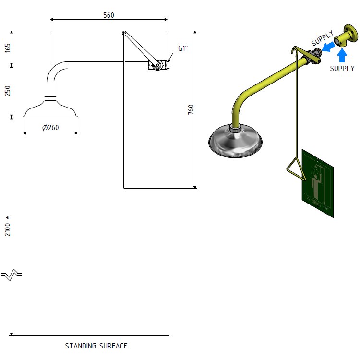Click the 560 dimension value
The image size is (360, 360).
[x=109, y=15]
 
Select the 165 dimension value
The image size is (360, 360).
[x=7, y=48]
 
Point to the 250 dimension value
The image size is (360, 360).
[x=7, y=91]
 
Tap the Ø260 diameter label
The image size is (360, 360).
[x=50, y=128]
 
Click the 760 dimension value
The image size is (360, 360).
[x=191, y=110]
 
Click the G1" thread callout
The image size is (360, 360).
[x=182, y=48]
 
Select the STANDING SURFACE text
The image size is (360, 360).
[x=96, y=346]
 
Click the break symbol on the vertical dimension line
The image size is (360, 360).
[x=12, y=275]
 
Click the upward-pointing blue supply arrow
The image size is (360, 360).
[x=342, y=55]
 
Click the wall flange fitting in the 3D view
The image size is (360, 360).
[x=347, y=37]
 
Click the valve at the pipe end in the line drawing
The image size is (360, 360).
[x=157, y=65]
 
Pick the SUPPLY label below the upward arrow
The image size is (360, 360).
[x=342, y=69]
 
